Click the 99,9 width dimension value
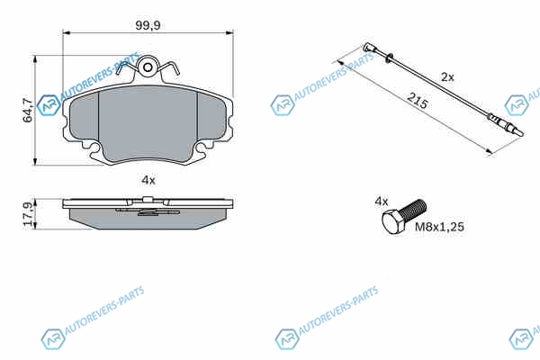(x=148, y=25)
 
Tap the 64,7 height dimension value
(x=28, y=110)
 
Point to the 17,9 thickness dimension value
(x=28, y=214)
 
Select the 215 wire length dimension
(x=417, y=101)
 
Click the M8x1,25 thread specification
(x=439, y=227)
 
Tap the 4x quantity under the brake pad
(x=148, y=180)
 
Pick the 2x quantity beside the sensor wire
(x=447, y=77)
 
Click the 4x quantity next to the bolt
(x=382, y=202)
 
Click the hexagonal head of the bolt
(x=393, y=222)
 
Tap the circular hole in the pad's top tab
(x=148, y=67)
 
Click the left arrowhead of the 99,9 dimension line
(x=66, y=32)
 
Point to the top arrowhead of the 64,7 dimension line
(x=34, y=58)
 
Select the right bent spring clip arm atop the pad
(x=170, y=67)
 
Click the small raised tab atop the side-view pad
(x=148, y=199)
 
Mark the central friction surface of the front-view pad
(x=148, y=123)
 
